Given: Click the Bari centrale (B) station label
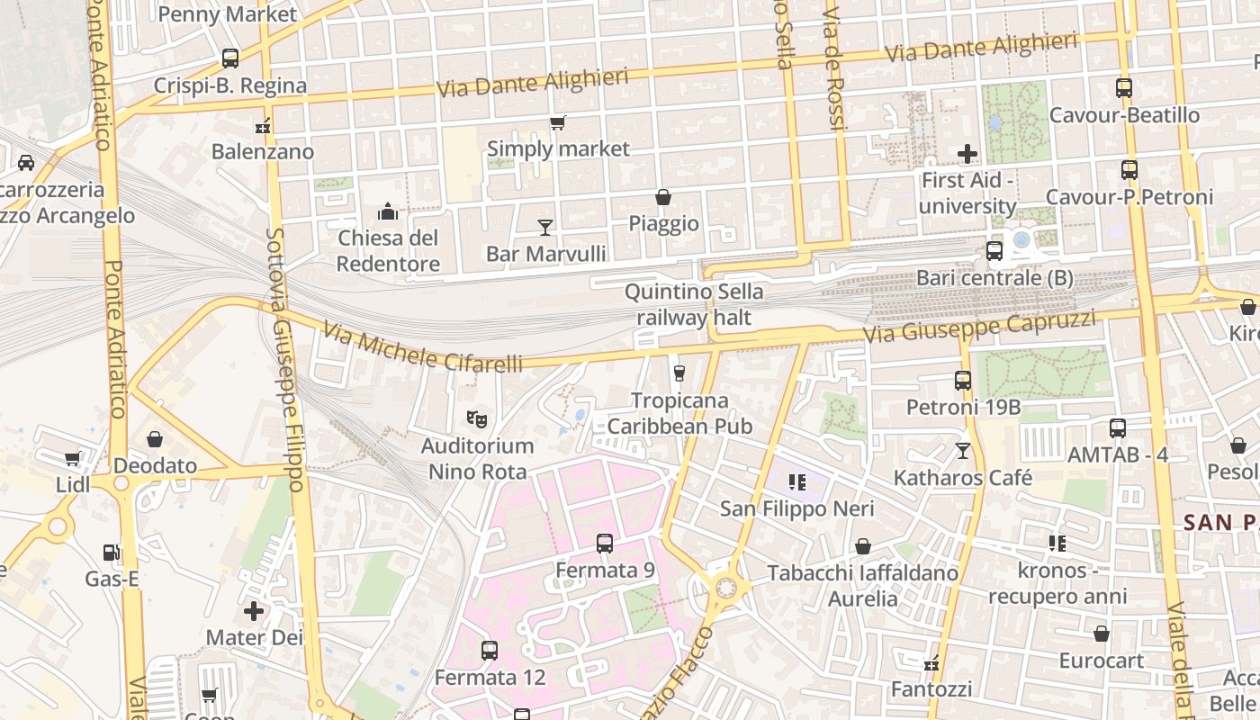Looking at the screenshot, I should click(994, 278).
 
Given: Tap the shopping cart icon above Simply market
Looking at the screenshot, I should click(558, 122).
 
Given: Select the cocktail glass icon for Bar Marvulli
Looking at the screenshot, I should click(544, 227).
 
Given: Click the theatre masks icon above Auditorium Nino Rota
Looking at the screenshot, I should click(477, 418).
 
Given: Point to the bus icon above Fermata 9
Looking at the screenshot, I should click(605, 544).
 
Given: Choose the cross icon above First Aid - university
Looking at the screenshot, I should click(967, 154).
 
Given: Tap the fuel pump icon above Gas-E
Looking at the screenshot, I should click(112, 552).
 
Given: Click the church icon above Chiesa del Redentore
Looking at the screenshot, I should click(388, 211).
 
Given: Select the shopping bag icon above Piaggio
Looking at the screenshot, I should click(663, 197).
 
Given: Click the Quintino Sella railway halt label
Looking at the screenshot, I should click(694, 304).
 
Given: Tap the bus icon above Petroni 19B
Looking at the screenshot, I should click(963, 381).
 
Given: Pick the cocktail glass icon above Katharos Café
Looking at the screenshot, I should click(963, 450).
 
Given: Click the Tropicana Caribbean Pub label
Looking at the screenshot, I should click(679, 412).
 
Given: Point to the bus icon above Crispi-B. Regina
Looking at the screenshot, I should click(230, 58).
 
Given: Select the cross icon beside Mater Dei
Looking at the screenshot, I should click(254, 611).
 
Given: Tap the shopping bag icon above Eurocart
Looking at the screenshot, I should click(1101, 634).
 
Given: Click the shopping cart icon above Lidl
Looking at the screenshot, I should click(73, 459).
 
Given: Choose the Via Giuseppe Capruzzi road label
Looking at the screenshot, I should click(980, 326).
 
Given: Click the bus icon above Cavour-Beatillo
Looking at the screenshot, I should click(1123, 88).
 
